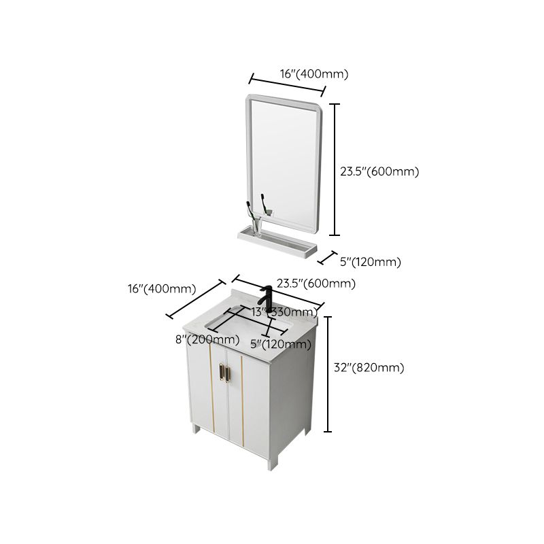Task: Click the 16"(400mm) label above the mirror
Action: point(313,74)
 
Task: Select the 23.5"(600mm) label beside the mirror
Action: point(379,171)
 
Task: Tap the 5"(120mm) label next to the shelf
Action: point(371,262)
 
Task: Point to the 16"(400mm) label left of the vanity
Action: point(162,288)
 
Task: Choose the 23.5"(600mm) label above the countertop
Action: point(316,284)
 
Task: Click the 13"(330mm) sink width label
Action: point(279,312)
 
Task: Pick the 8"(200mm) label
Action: point(203,340)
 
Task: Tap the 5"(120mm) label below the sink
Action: point(281,344)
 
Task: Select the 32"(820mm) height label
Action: point(369,368)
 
